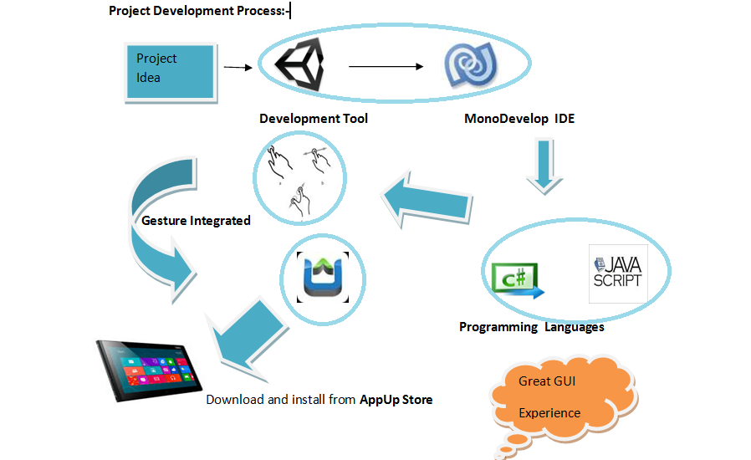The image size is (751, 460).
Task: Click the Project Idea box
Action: (171, 73)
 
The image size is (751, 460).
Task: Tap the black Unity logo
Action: (299, 64)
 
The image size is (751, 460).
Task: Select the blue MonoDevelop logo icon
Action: (470, 65)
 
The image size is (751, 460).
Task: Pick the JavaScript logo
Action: (618, 273)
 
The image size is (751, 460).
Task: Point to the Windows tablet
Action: (149, 370)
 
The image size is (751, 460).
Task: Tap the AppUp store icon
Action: (323, 278)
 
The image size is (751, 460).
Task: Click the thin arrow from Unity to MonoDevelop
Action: (386, 67)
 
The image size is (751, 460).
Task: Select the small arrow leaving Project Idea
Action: (238, 68)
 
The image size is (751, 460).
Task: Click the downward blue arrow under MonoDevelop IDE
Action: (544, 166)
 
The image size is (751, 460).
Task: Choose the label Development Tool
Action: (314, 119)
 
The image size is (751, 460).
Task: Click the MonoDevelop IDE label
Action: (519, 119)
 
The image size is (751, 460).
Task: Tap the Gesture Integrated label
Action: (196, 221)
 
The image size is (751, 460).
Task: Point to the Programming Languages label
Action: (532, 327)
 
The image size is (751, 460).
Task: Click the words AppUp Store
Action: (396, 400)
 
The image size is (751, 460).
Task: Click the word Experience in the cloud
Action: (549, 413)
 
